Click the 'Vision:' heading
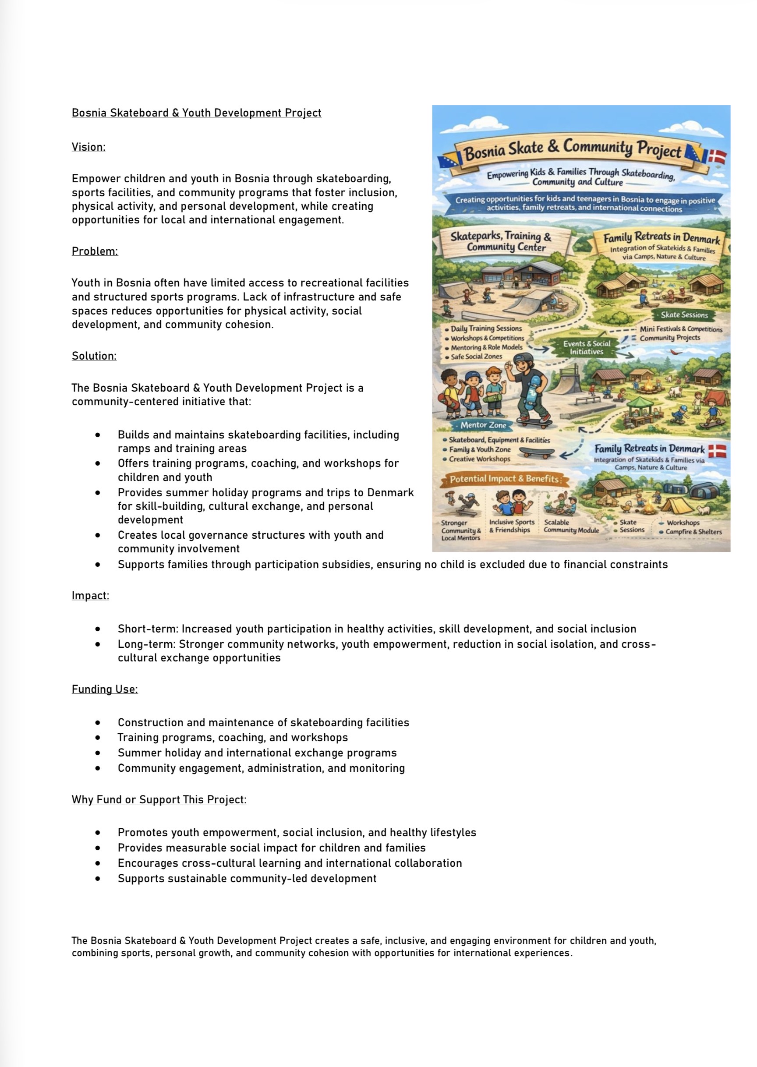pyautogui.click(x=88, y=147)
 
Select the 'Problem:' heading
pyautogui.click(x=95, y=251)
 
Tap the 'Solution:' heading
pyautogui.click(x=94, y=356)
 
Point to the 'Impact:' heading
pyautogui.click(x=90, y=595)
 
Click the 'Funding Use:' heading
pyautogui.click(x=104, y=689)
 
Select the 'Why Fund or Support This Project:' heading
pyautogui.click(x=159, y=799)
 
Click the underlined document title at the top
pyautogui.click(x=196, y=113)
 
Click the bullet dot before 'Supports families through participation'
pyautogui.click(x=97, y=564)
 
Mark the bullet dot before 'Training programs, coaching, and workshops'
pyautogui.click(x=97, y=738)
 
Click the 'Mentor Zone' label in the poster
pyautogui.click(x=483, y=425)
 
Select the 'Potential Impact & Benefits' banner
pyautogui.click(x=504, y=478)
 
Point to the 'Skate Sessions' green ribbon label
pyautogui.click(x=684, y=315)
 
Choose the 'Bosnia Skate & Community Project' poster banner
pyautogui.click(x=573, y=149)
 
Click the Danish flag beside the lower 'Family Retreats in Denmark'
pyautogui.click(x=717, y=451)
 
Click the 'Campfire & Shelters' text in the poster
pyautogui.click(x=693, y=532)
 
